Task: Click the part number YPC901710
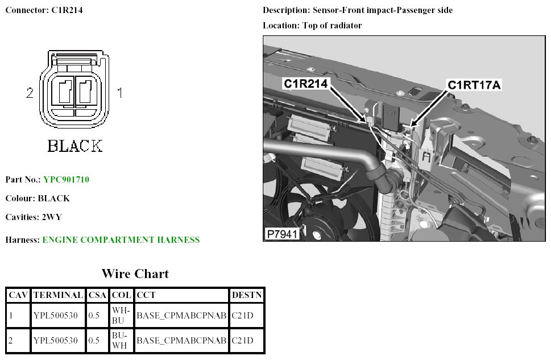[x=66, y=180]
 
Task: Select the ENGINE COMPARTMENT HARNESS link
[x=121, y=240]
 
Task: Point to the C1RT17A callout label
[x=474, y=85]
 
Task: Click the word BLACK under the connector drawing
[x=74, y=146]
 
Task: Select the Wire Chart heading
[x=135, y=274]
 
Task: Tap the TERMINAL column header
[x=58, y=296]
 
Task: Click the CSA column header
[x=98, y=296]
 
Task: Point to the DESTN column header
[x=247, y=296]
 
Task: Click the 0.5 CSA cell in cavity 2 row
[x=94, y=341]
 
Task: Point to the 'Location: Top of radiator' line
[x=312, y=26]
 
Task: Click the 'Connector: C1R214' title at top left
[x=44, y=10]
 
